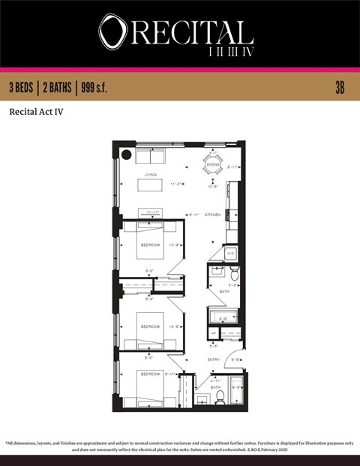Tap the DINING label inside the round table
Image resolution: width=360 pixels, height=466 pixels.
213,164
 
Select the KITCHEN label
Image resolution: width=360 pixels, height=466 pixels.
212,215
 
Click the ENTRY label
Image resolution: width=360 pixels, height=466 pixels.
213,359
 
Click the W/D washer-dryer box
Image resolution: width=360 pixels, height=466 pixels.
230,254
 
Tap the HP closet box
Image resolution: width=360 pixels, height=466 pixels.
214,333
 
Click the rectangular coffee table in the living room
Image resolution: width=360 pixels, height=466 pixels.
150,185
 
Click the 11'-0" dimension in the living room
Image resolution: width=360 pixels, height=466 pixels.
177,184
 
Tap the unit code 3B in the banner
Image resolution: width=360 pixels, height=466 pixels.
340,87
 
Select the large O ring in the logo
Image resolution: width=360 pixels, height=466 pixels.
113,32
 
